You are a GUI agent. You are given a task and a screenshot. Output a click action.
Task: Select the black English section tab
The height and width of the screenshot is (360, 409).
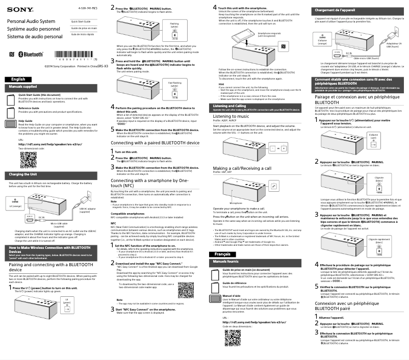18,80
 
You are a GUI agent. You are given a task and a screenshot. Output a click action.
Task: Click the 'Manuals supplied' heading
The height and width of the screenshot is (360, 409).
23,88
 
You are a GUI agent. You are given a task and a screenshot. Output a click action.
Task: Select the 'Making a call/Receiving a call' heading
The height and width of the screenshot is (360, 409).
242,168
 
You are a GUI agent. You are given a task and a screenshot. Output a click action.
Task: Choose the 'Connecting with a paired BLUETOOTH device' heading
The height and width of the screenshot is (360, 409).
155,143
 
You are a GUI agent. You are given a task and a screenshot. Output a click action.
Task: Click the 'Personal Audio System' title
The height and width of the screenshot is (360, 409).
31,21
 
